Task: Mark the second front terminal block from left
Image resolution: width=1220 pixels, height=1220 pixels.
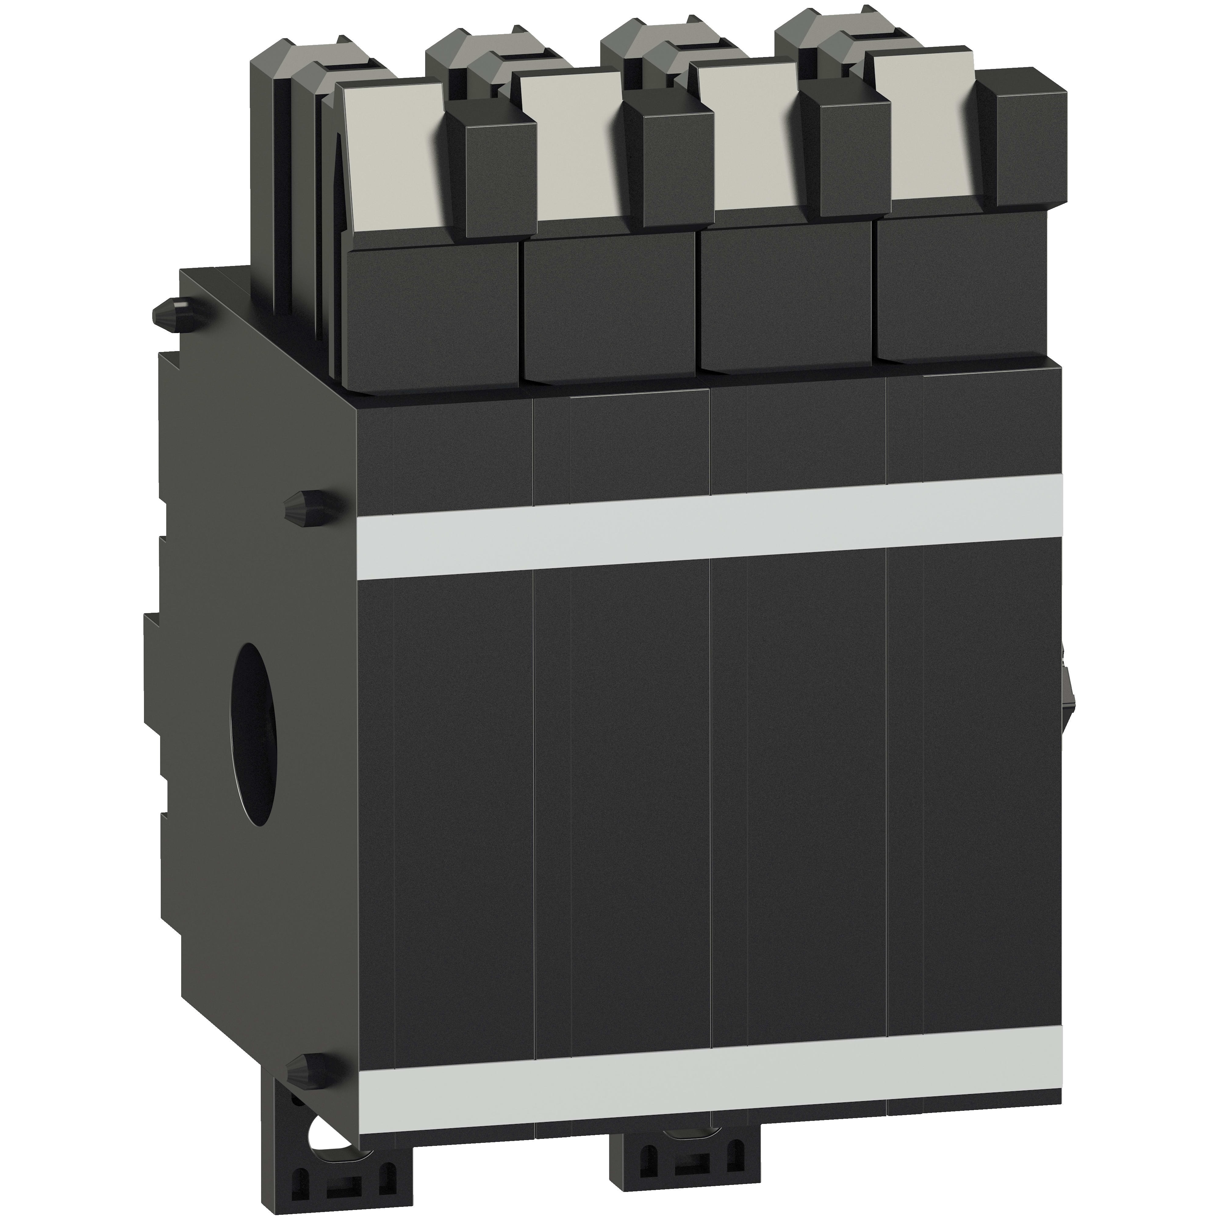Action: click(x=609, y=303)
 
